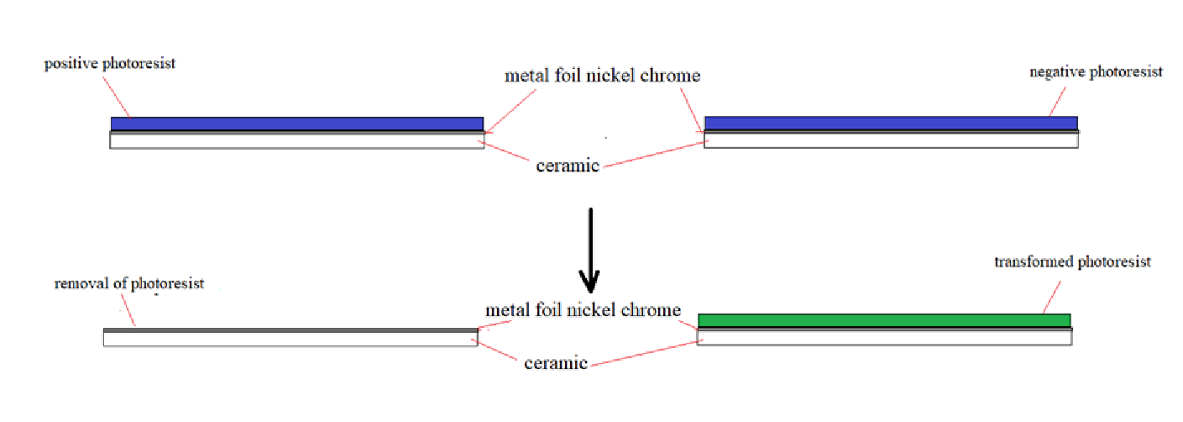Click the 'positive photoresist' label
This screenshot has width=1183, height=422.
point(110,64)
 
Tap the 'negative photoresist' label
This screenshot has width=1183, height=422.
point(1096,72)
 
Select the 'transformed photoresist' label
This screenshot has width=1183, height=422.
point(1072,262)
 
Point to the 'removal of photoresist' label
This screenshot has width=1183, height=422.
point(129,284)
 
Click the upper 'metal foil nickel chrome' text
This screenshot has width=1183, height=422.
point(602,76)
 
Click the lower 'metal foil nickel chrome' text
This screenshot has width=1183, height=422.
point(583,310)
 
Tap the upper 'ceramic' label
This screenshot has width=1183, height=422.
point(568,166)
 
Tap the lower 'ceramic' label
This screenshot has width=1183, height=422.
point(555,364)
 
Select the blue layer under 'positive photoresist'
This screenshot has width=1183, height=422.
point(296,124)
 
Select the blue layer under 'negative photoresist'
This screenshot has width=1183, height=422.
point(891,124)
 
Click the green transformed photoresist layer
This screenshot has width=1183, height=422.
point(883,320)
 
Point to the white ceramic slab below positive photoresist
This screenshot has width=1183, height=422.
point(296,141)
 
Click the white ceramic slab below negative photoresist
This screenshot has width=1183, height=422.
point(891,140)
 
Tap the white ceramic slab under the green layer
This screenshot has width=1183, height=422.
point(884,338)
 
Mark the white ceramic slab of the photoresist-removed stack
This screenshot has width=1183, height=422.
point(290,339)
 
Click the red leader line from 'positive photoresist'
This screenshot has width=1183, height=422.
point(118,95)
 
